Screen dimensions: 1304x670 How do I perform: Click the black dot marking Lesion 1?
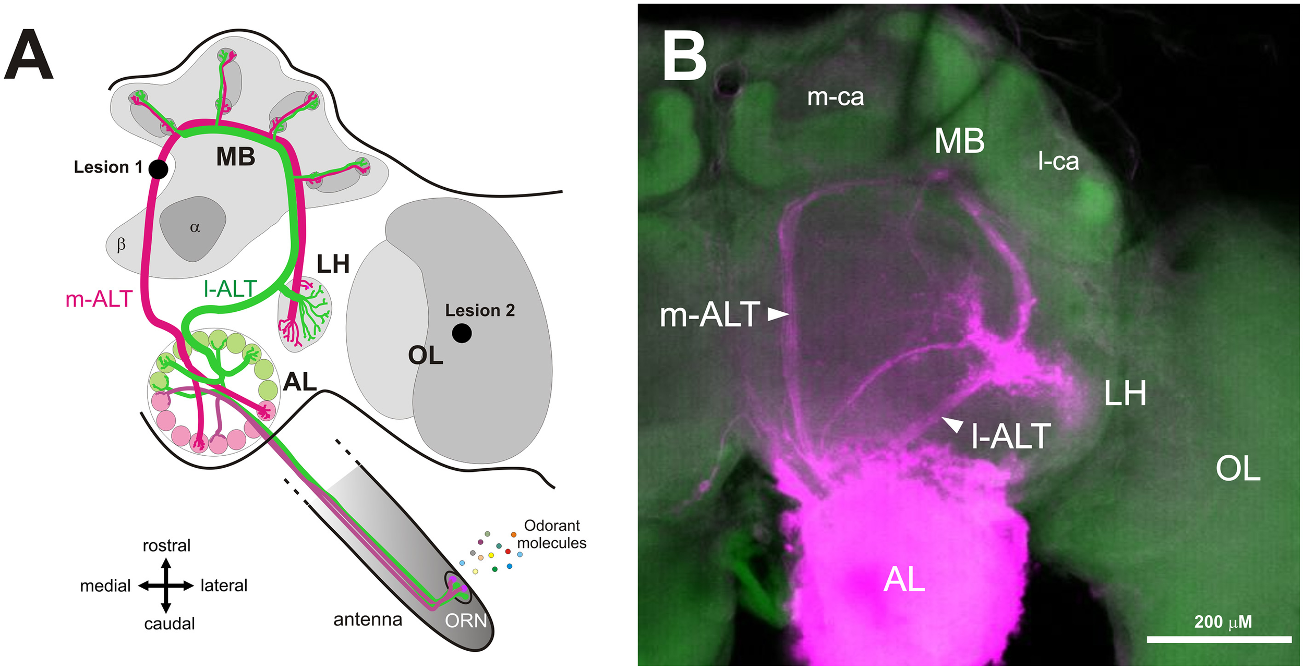point(158,169)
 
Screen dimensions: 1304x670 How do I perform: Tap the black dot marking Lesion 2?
point(462,333)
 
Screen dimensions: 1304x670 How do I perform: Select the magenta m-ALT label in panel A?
point(99,299)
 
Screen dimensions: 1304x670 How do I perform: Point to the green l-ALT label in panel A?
point(231,289)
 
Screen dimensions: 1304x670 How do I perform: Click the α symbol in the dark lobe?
point(195,228)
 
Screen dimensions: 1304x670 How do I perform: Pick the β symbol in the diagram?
point(121,245)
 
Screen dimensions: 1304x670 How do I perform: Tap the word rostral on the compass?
point(166,545)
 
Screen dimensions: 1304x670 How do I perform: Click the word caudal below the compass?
point(169,624)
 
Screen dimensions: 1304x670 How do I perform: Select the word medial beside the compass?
point(105,586)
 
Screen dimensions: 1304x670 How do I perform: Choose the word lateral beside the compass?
point(224,586)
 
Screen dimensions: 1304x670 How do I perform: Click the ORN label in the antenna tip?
point(466,620)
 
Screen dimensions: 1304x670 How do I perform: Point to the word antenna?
point(368,619)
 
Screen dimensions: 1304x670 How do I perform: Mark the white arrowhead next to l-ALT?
point(953,424)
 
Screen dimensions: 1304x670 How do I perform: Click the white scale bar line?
point(1219,639)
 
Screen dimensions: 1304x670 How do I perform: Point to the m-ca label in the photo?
point(835,97)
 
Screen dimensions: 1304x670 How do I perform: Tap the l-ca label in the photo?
point(1058,162)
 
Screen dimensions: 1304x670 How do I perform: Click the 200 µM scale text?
point(1223,622)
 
